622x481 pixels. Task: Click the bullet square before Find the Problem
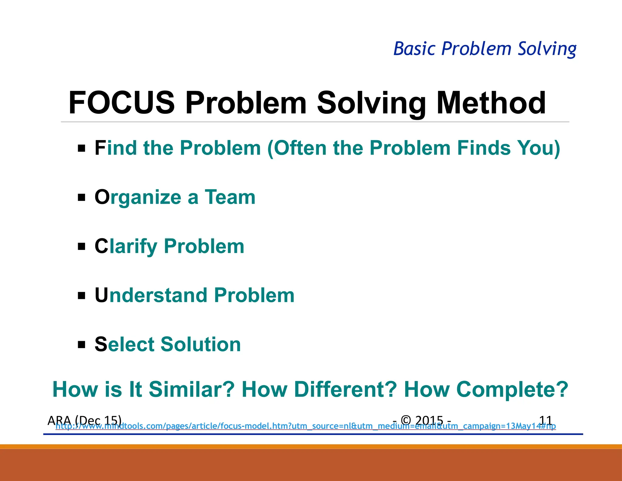tap(81, 148)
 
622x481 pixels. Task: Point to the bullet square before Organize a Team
tap(81, 198)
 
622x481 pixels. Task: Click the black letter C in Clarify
tap(101, 246)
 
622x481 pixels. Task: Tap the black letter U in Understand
tap(101, 295)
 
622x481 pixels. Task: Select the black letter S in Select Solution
tap(101, 344)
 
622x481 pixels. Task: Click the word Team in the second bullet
tap(230, 197)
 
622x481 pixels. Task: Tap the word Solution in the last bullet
tap(200, 344)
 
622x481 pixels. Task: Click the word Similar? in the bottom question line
tap(191, 389)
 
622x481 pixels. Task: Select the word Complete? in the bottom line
tap(512, 389)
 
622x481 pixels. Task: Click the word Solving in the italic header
tap(547, 49)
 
